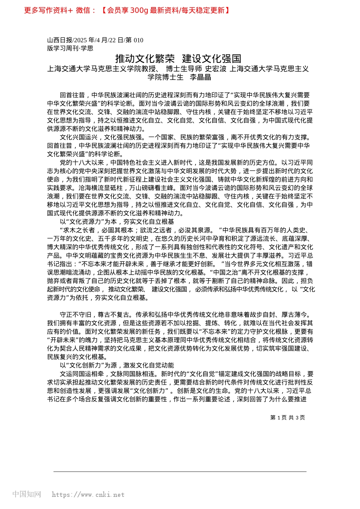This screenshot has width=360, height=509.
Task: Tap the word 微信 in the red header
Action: (83, 10)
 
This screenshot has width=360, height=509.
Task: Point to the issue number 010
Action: (138, 40)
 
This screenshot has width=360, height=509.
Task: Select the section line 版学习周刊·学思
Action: (70, 48)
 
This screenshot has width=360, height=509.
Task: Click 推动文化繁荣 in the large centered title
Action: (145, 59)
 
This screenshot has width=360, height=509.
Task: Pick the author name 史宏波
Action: (216, 69)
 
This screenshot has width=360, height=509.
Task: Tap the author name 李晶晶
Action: (200, 77)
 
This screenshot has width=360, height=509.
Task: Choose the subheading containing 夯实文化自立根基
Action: (117, 222)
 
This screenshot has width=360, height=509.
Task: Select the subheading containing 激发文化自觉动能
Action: (117, 365)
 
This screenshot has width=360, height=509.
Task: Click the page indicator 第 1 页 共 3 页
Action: (287, 418)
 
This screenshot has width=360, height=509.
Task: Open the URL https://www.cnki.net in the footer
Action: (88, 495)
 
